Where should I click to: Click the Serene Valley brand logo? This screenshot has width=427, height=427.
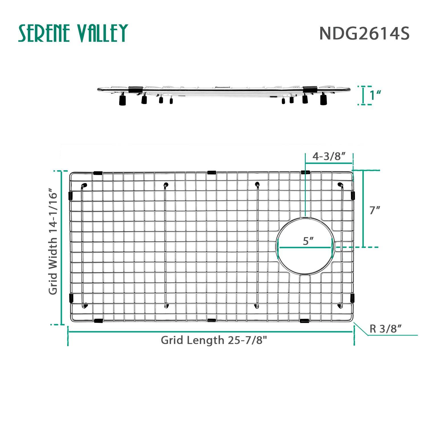tap(73, 33)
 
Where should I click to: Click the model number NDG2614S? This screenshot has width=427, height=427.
tap(364, 34)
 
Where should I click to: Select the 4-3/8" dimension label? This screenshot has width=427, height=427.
tap(329, 156)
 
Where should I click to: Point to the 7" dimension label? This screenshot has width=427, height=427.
tap(375, 210)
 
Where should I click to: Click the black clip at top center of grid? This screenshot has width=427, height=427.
tap(212, 173)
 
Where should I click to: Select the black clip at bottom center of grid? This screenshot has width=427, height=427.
tap(211, 320)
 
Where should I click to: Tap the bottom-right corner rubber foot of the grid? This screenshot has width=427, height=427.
tap(340, 306)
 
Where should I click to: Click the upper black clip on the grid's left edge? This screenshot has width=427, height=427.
tap(71, 196)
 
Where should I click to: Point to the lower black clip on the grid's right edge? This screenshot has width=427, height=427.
tap(352, 298)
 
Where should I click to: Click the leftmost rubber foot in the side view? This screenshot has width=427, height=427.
tap(122, 100)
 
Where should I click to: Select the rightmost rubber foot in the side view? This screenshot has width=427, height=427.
tap(323, 100)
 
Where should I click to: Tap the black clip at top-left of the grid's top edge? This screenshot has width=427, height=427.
tap(98, 173)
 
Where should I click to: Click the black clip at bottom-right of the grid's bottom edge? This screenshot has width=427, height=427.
tap(305, 321)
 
